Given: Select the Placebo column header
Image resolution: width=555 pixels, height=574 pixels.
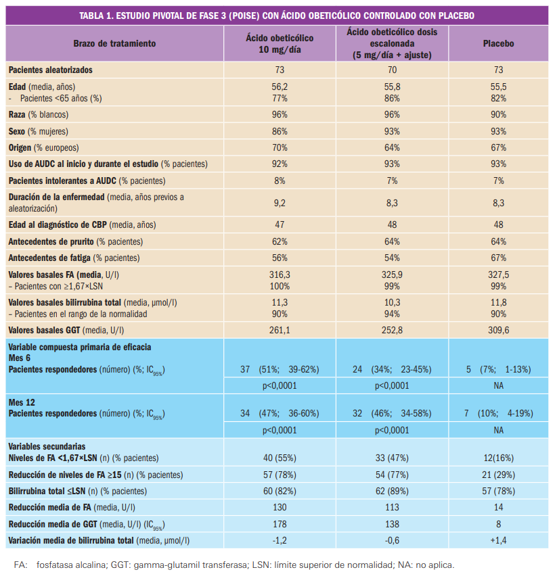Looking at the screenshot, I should (x=498, y=44).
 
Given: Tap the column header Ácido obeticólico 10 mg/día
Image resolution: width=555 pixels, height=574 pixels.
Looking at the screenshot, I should (x=280, y=44).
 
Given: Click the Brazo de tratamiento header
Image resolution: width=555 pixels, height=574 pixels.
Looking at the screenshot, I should (x=114, y=44).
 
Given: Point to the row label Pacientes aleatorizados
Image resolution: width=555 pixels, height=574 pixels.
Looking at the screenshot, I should (x=50, y=70).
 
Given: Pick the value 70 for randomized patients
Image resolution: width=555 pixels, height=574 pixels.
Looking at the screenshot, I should (x=392, y=70).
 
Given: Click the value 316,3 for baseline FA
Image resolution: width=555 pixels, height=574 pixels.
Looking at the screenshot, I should (x=280, y=275).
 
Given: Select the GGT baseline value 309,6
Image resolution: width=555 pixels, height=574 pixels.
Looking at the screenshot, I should (x=498, y=329).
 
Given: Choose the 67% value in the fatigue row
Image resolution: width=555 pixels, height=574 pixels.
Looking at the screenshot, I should (x=498, y=258).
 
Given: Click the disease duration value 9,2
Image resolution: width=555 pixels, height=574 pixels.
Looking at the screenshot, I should (x=280, y=202).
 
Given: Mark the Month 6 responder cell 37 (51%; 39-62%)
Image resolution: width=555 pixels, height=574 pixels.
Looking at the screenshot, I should (x=280, y=370).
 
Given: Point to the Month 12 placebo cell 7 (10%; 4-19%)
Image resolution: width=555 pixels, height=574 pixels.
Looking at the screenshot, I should (x=498, y=413).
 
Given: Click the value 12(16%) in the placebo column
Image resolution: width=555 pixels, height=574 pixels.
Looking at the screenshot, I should (x=498, y=458).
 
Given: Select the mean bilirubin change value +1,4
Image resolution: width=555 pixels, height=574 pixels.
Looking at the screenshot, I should (x=498, y=540).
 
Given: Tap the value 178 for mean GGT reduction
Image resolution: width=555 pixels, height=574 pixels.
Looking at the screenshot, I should (x=280, y=523).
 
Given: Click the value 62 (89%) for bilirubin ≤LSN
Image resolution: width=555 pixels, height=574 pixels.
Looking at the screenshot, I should (x=392, y=491).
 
